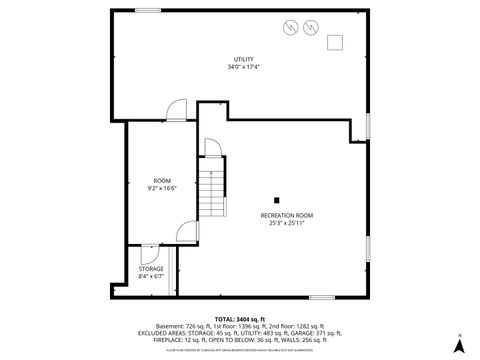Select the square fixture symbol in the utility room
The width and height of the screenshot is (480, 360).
tap(334, 42)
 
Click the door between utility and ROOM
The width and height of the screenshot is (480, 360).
tap(175, 110)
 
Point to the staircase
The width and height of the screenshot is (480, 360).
tap(212, 193)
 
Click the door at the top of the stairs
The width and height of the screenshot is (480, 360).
tap(212, 148)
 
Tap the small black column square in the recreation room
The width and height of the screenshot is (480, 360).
tap(276, 200)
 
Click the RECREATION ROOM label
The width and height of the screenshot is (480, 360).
tap(287, 215)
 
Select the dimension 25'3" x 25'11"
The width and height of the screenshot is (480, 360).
tap(287, 223)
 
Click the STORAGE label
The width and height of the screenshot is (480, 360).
tap(150, 268)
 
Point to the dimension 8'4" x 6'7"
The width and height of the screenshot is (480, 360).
tap(150, 275)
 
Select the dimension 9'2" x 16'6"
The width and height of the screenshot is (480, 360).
tap(163, 187)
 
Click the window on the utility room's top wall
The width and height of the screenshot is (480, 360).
tap(149, 10)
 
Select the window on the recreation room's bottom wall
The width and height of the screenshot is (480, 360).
tap(322, 296)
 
